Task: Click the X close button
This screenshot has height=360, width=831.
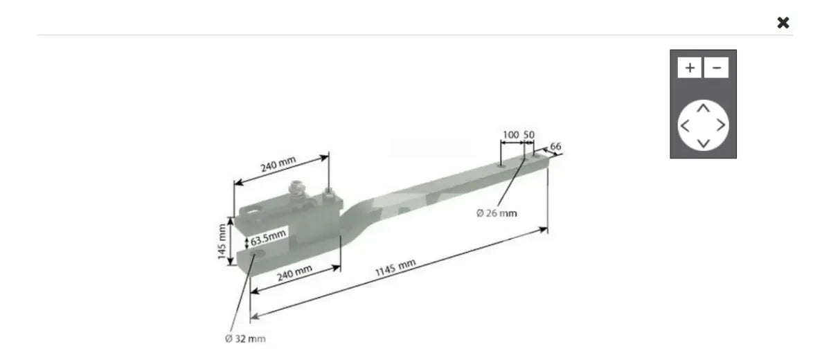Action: (x=783, y=23)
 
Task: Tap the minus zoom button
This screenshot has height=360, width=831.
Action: (x=716, y=67)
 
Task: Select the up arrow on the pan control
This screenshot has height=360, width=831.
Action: (x=704, y=108)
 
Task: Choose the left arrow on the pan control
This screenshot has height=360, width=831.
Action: (x=685, y=126)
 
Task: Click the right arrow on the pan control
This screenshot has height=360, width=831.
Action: (x=721, y=125)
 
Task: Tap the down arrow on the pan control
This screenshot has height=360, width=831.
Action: (x=704, y=143)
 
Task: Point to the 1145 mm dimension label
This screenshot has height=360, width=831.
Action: (x=395, y=267)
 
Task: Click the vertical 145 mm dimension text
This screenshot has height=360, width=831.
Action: (x=222, y=242)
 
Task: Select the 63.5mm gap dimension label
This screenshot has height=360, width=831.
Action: (x=268, y=237)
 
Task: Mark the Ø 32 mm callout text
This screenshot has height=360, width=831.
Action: (x=245, y=339)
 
